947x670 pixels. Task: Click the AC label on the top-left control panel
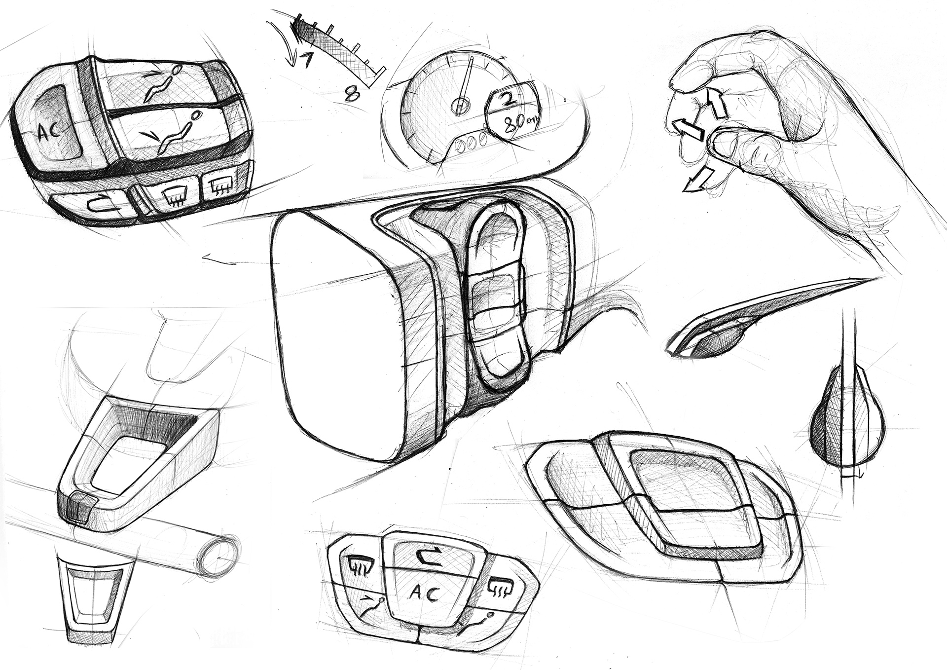(x=49, y=131)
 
